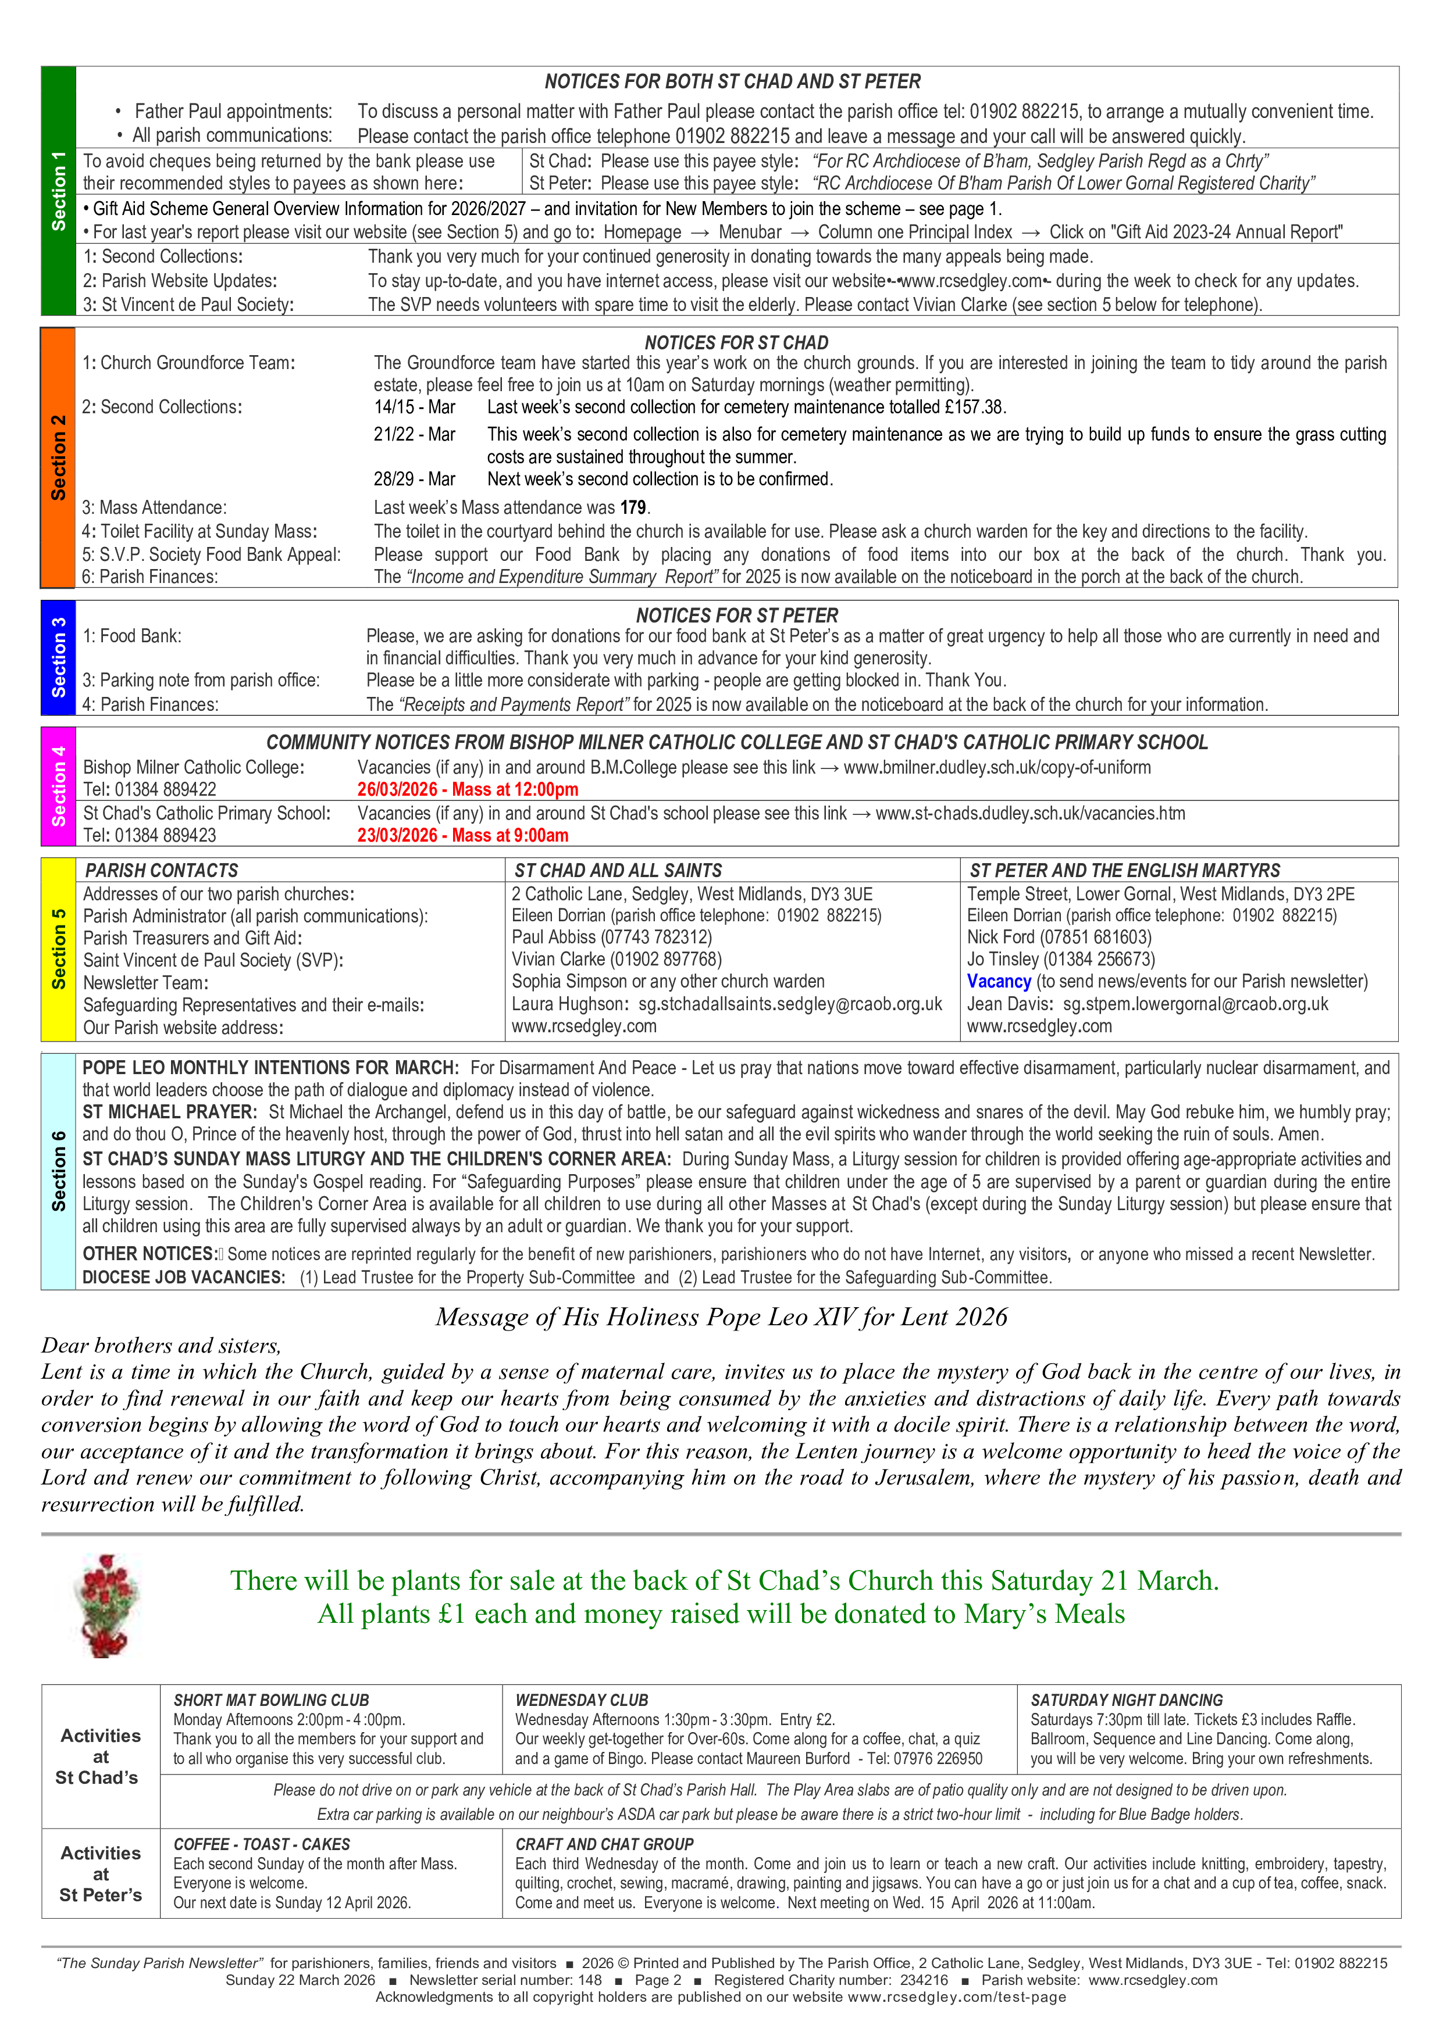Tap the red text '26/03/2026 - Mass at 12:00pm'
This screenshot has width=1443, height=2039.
(x=468, y=789)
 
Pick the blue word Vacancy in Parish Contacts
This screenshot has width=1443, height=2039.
(x=999, y=981)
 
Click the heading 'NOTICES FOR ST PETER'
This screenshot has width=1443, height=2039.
(x=736, y=616)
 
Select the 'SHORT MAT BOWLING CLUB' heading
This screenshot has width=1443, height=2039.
(x=271, y=1700)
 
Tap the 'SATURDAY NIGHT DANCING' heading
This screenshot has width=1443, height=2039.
(x=1127, y=1700)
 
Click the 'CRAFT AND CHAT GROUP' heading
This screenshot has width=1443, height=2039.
(x=604, y=1844)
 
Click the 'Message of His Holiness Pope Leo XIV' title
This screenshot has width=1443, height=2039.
(x=721, y=1317)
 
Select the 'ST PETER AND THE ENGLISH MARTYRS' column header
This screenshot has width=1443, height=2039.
(x=1125, y=870)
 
